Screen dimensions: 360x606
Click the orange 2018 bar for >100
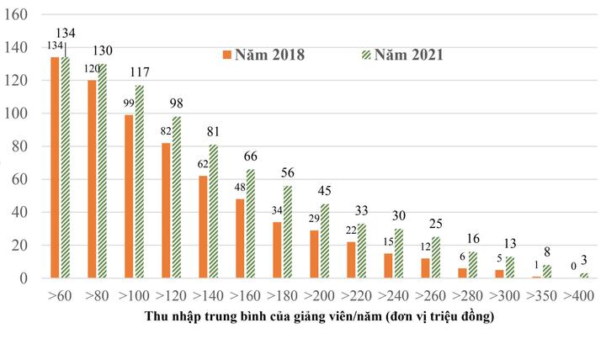click(x=129, y=196)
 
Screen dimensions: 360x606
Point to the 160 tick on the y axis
click(x=18, y=15)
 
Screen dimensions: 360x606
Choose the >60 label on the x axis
click(x=59, y=296)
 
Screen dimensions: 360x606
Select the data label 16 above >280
click(x=474, y=238)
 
